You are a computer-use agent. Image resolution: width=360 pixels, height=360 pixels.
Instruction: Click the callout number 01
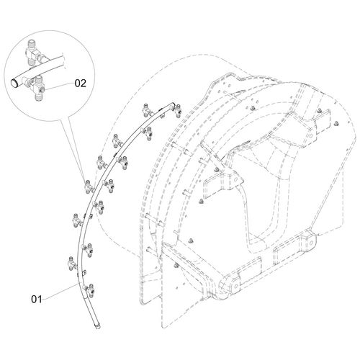(37, 300)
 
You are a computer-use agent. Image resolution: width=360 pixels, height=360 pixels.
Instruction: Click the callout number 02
(80, 84)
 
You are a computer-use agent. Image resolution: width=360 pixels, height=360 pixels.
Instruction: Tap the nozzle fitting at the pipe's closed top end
(178, 110)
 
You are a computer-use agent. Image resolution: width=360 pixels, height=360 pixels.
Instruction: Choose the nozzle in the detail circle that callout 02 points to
(37, 88)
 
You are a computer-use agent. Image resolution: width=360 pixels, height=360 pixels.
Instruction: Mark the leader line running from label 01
(61, 292)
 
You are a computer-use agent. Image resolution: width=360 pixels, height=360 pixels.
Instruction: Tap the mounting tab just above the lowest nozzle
(84, 273)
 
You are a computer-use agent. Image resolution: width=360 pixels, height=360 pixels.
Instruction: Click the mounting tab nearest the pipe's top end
(163, 115)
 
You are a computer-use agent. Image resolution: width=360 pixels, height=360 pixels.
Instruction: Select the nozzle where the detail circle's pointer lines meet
(88, 186)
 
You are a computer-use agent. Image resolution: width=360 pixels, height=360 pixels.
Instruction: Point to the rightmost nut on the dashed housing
(336, 124)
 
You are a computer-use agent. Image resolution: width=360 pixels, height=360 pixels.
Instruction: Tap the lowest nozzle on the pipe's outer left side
(72, 264)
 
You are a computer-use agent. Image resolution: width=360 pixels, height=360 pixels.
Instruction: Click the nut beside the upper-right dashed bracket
(319, 111)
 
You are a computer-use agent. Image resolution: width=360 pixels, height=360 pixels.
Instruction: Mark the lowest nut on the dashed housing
(176, 265)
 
